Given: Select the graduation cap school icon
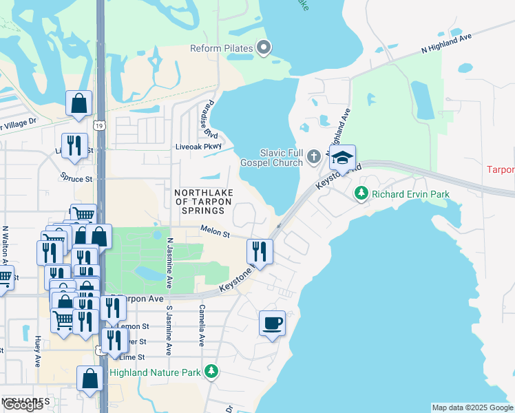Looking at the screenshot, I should click(x=342, y=158).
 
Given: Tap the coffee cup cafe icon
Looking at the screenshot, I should click(x=272, y=322).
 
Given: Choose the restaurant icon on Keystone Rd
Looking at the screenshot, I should click(x=260, y=251).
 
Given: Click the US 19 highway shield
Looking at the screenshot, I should click(x=101, y=126).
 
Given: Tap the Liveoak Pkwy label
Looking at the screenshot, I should click(x=198, y=146).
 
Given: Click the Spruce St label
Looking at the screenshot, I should click(x=76, y=178).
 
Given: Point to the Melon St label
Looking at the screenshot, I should click(x=215, y=233).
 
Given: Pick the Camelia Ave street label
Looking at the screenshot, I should click(x=202, y=325).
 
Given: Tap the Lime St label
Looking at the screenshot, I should click(x=132, y=357).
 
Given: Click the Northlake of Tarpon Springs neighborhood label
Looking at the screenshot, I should click(x=203, y=202).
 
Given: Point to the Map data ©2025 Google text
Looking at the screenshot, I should click(x=472, y=407).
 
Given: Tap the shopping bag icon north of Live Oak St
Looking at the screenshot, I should click(x=79, y=103).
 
